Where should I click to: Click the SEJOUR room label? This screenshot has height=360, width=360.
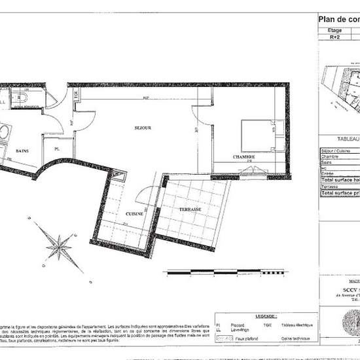(x=143, y=128)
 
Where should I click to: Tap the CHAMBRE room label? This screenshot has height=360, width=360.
(x=243, y=158)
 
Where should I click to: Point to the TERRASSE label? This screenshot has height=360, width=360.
(x=190, y=209)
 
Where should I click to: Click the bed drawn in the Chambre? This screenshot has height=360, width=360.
(x=256, y=134)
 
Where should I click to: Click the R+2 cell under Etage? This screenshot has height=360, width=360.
(x=334, y=38)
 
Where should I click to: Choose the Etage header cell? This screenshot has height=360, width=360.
(x=334, y=30)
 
